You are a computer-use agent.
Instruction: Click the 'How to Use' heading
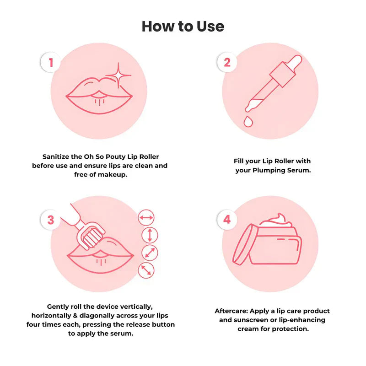183,26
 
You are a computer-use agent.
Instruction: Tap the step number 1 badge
51,62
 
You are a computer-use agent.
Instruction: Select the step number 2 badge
227,62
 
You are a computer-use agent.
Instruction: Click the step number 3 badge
51,220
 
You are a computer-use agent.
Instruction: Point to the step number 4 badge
227,220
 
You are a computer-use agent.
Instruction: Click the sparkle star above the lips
118,75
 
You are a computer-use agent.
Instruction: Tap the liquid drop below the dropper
248,121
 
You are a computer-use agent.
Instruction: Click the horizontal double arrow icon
146,218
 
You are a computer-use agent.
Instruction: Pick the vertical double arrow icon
150,235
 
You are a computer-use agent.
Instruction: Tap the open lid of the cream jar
243,244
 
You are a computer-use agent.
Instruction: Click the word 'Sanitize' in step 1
56,156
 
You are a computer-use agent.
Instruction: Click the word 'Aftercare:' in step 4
231,311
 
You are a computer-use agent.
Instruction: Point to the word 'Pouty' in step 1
116,157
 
